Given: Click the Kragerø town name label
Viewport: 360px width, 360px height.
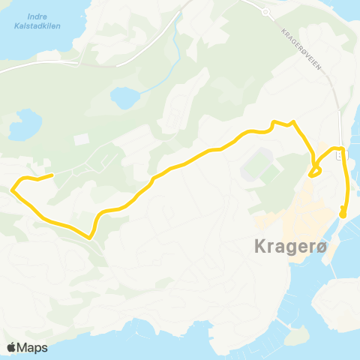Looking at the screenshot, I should [x=282, y=247].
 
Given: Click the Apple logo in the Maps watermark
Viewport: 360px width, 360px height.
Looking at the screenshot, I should [x=11, y=347].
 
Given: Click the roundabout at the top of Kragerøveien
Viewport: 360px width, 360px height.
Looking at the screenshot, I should [x=265, y=12].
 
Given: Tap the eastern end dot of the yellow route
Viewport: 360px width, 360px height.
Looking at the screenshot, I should [x=343, y=214].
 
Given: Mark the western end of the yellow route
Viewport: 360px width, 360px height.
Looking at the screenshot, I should [x=51, y=175].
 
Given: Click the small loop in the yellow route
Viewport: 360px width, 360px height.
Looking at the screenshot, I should [x=316, y=171].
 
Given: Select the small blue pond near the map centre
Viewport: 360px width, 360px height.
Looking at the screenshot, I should [x=124, y=97].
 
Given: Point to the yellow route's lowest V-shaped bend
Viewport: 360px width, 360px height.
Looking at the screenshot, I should [x=90, y=237].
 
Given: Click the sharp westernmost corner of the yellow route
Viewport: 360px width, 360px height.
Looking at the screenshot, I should [x=12, y=190].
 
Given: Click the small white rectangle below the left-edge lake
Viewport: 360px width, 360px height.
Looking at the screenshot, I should [x=80, y=139].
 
